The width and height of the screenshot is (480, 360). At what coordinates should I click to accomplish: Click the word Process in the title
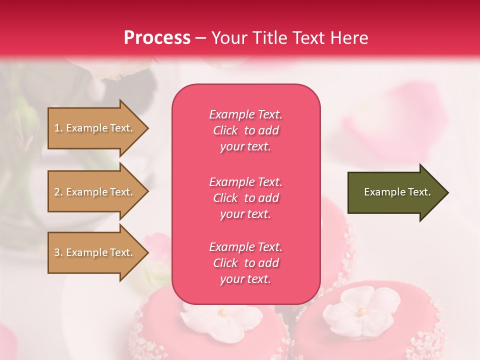tap(157, 38)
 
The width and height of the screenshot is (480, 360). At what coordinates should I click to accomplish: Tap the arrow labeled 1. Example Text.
tap(95, 128)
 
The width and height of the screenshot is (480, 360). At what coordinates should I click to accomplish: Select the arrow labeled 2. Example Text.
tap(95, 192)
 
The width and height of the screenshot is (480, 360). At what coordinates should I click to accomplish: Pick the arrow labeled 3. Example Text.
tap(95, 252)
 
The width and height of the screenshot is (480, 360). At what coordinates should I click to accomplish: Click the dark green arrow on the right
tap(395, 192)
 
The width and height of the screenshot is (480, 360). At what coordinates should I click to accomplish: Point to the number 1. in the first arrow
tap(58, 128)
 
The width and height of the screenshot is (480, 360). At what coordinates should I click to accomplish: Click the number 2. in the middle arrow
tap(58, 192)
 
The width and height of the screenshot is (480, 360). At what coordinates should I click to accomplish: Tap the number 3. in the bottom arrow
tap(58, 252)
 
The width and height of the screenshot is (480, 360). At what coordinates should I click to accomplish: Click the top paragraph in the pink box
tap(245, 130)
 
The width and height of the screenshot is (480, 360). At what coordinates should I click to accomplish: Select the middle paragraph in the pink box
tap(245, 198)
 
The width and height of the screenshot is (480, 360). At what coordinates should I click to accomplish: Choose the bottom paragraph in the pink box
tap(245, 263)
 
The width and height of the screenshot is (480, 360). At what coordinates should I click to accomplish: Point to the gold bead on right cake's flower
tap(360, 311)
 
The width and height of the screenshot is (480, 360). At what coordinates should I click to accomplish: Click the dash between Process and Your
tap(200, 38)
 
